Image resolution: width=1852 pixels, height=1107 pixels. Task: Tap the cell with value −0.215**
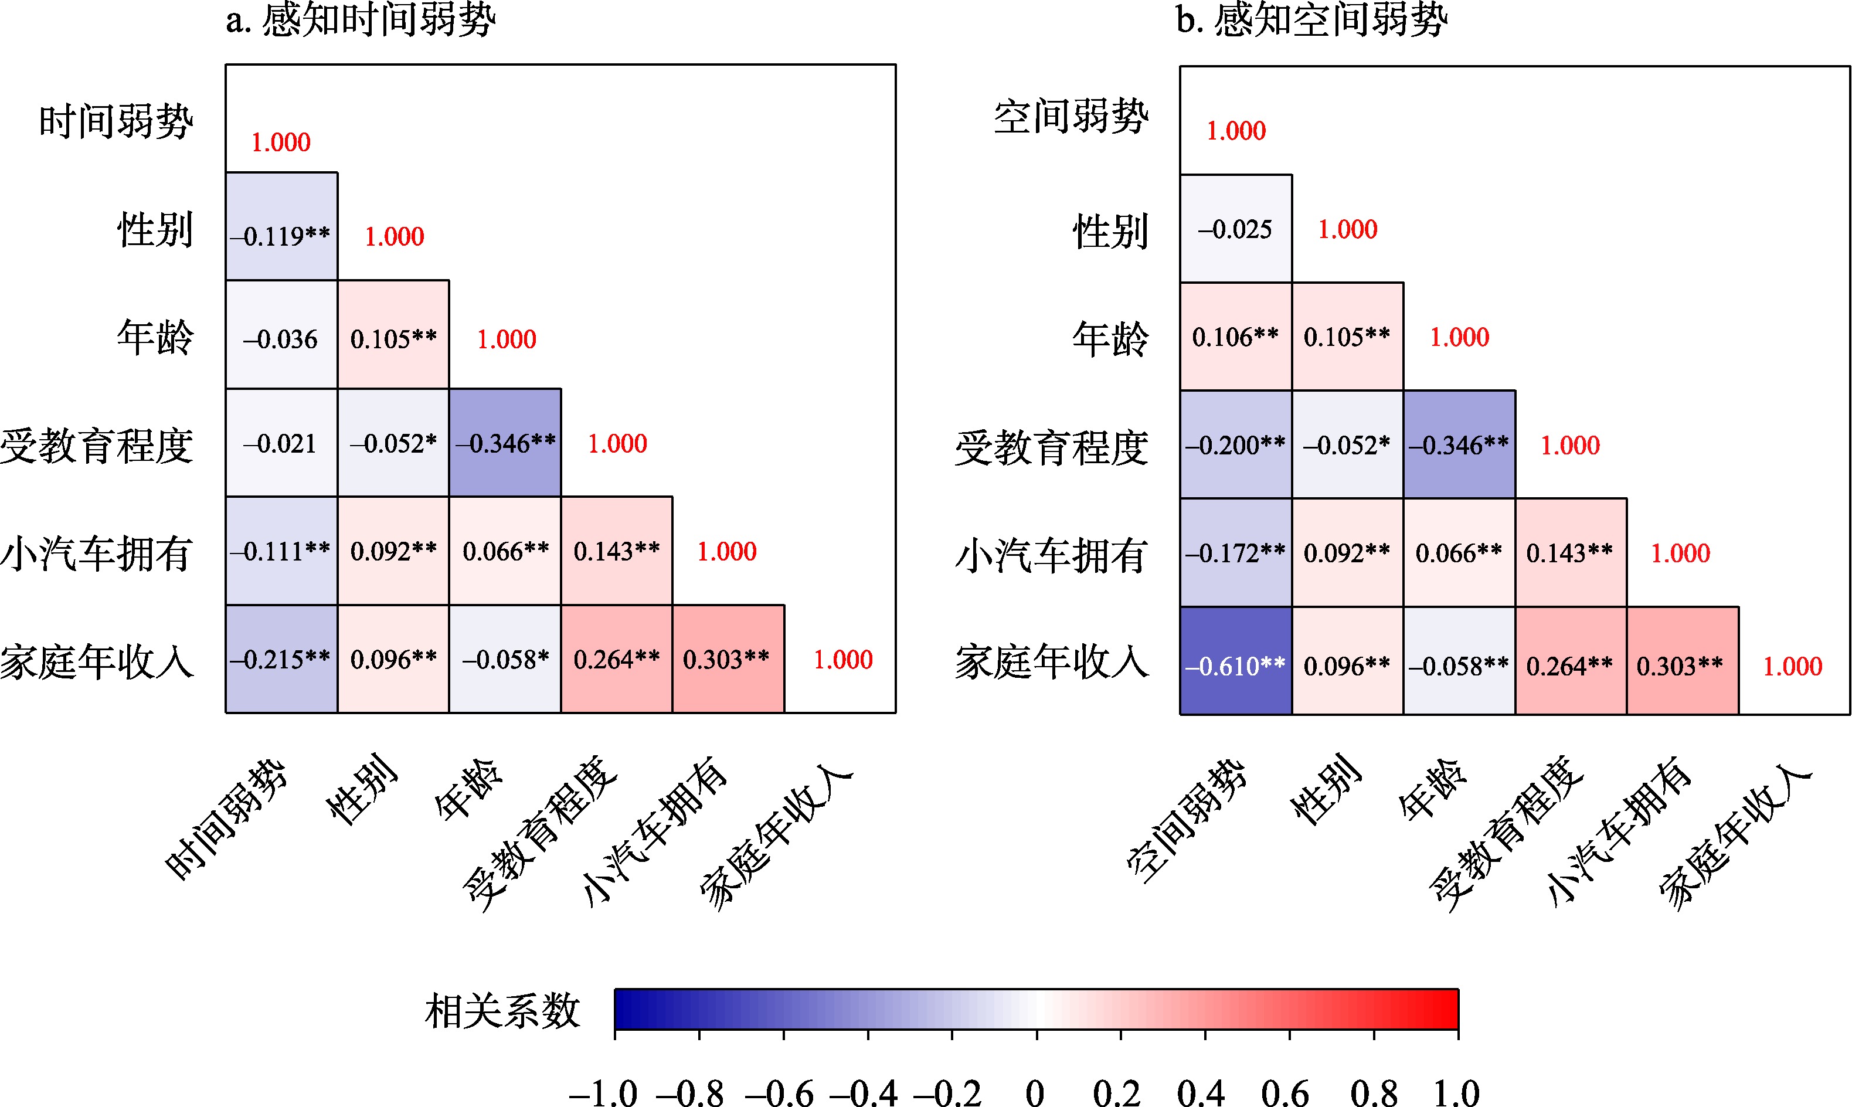(281, 658)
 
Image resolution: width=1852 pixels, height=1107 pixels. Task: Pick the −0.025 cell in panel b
(1235, 229)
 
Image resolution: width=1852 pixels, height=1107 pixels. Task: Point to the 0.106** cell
(1235, 337)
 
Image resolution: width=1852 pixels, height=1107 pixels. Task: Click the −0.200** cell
(1235, 444)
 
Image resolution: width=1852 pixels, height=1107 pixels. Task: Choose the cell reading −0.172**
(1235, 553)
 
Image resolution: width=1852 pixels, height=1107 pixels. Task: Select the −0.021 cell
(281, 443)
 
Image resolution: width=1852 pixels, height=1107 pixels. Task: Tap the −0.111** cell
(281, 551)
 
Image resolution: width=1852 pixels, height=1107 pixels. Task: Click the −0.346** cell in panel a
(505, 443)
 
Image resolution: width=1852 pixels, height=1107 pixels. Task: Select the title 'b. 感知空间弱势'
(1312, 20)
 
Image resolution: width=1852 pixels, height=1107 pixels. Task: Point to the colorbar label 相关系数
(502, 1011)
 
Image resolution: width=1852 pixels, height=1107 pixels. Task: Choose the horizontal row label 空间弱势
(1071, 118)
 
